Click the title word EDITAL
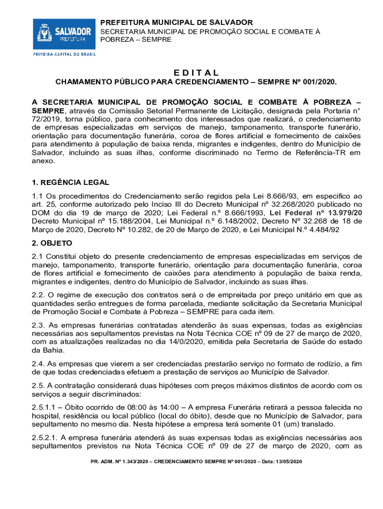click(x=195, y=73)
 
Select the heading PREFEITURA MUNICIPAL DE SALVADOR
click(x=177, y=22)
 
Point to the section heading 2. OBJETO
click(x=52, y=243)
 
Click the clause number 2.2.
click(x=39, y=295)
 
